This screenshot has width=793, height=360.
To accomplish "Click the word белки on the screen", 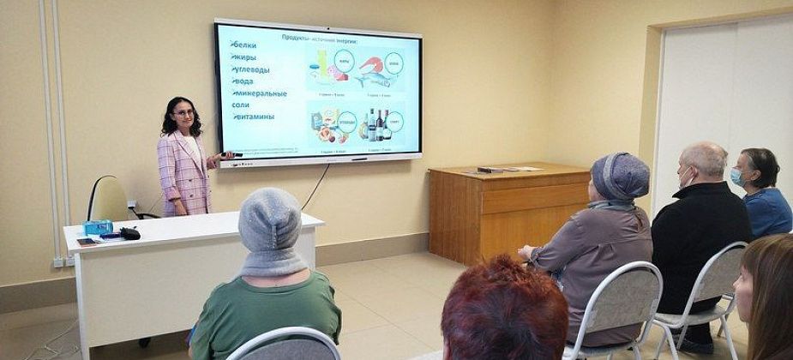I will tap(244, 45).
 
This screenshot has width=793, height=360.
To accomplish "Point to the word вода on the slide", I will tap(243, 81).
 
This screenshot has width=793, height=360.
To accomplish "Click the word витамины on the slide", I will tap(253, 116).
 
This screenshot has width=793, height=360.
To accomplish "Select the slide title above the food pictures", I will tap(319, 39).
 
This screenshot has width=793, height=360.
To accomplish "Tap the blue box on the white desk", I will tap(98, 227).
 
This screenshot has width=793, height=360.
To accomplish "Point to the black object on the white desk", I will tap(129, 232).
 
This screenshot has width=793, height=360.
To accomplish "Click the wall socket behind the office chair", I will tap(132, 206).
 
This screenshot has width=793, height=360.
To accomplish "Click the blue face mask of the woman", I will tap(736, 177).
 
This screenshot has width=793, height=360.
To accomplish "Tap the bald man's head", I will tap(704, 161).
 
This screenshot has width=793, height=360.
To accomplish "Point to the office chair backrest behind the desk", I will tap(108, 199).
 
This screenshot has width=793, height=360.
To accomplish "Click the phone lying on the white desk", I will tap(87, 242).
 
